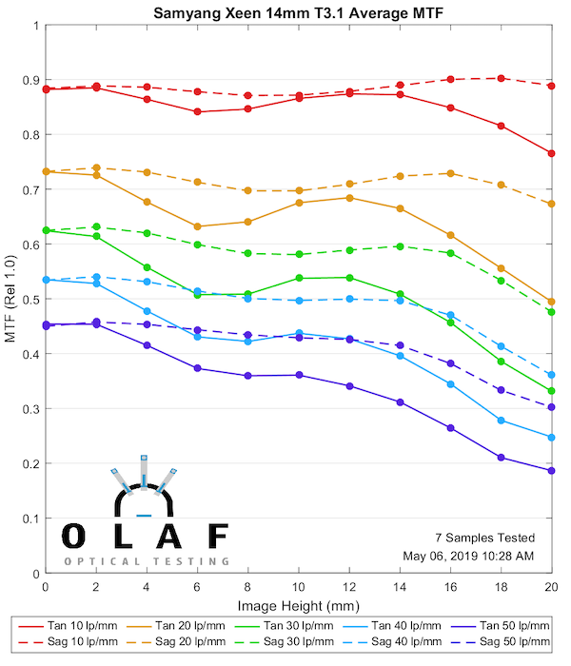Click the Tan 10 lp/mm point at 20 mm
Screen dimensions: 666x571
point(551,153)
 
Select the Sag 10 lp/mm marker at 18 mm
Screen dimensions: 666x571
point(501,78)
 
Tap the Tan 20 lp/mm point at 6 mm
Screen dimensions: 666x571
point(197,226)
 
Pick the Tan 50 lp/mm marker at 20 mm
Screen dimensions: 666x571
point(551,471)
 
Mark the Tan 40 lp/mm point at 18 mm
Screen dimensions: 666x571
point(501,421)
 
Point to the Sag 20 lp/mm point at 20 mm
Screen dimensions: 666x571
point(551,204)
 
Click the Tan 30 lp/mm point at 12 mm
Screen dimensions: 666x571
point(349,278)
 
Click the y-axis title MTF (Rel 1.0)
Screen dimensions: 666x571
point(10,298)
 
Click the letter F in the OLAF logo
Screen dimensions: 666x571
point(217,537)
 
